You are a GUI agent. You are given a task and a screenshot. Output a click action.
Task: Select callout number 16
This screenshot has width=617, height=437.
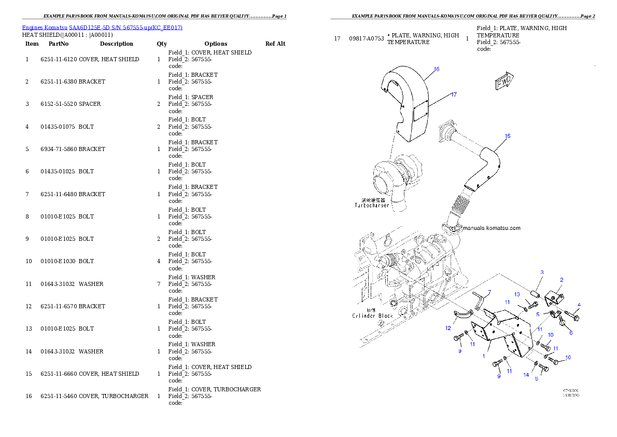coord(437,69)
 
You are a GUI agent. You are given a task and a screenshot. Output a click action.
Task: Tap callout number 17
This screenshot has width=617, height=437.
coord(454,94)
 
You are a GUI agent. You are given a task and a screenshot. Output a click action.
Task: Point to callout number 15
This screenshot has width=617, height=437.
coord(508,136)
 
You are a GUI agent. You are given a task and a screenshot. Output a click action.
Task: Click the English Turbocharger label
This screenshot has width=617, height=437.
coord(371,206)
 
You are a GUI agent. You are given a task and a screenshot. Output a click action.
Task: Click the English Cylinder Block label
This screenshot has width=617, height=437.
coord(372,316)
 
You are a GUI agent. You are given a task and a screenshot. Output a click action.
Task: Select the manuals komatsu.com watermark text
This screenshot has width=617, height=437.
coord(491,228)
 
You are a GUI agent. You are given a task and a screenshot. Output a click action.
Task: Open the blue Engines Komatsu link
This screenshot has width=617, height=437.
coord(102,27)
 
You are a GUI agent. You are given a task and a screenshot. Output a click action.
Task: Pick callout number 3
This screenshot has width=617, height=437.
coord(542,272)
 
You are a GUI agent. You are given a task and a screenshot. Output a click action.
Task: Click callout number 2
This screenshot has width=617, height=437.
coord(561,280)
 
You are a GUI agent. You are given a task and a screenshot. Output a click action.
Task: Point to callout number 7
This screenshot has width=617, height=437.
coord(488,292)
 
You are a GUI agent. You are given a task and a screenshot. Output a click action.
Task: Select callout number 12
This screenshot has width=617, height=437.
coord(447,328)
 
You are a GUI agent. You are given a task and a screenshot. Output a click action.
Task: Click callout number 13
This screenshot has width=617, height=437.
coord(517,294)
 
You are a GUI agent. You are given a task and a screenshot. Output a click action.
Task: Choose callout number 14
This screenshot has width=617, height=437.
coord(526,375)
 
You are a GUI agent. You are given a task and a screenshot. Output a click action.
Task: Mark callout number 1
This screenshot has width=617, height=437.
coord(484,356)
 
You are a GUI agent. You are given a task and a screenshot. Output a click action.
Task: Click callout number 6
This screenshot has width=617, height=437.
coord(571,333)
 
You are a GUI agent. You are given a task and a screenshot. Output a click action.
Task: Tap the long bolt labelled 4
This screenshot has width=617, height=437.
coord(572,314)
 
